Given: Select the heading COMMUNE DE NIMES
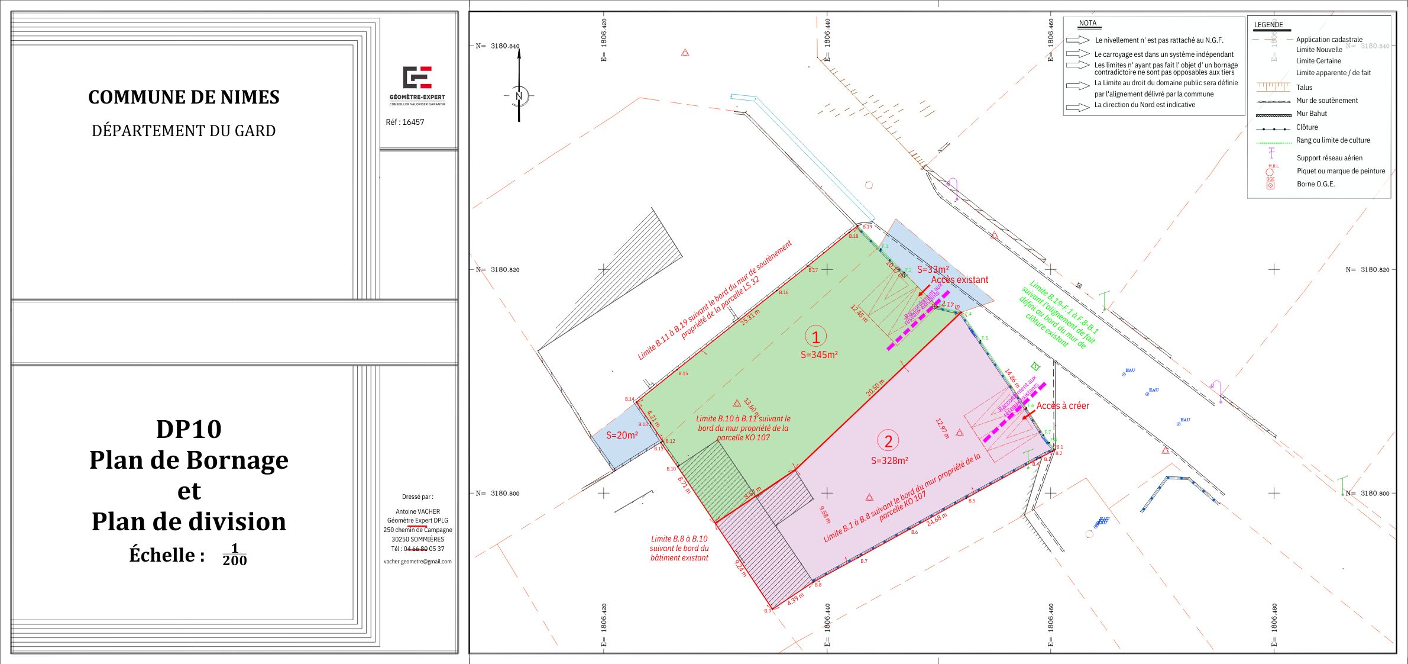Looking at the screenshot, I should [x=184, y=97].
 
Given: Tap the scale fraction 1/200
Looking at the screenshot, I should [x=235, y=555].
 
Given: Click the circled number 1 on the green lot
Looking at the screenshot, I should [x=816, y=337].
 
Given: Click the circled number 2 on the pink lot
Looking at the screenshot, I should [x=888, y=441].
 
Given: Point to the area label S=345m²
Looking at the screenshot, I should [x=819, y=355].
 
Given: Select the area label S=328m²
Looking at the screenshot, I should [x=889, y=461].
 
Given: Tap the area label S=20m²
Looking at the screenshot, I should [x=622, y=436].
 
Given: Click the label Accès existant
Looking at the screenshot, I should [x=959, y=280].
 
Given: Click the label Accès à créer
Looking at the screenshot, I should [x=1063, y=406].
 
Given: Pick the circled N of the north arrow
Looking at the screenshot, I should [x=519, y=96].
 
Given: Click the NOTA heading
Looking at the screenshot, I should [x=1087, y=24].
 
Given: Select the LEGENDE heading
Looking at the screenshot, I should [x=1268, y=25].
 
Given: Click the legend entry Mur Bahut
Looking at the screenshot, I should [x=1312, y=114].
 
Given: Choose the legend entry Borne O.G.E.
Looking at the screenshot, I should [x=1316, y=184].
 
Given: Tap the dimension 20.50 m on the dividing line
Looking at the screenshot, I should [x=875, y=388].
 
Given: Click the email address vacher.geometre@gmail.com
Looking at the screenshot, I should [x=417, y=562].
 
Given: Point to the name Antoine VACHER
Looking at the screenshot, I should [x=417, y=511].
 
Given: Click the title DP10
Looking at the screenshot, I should [x=189, y=429].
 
